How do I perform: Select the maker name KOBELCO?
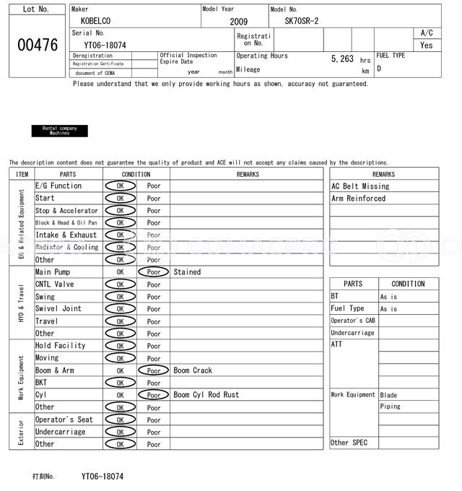pyautogui.click(x=96, y=22)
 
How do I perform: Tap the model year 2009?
pyautogui.click(x=238, y=22)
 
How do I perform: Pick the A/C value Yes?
pyautogui.click(x=427, y=45)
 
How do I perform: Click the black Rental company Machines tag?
pyautogui.click(x=60, y=131)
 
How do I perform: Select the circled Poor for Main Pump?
pyautogui.click(x=153, y=272)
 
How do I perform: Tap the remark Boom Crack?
pyautogui.click(x=193, y=370)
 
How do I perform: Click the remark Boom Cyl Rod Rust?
pyautogui.click(x=206, y=395)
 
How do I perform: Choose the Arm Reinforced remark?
pyautogui.click(x=358, y=199)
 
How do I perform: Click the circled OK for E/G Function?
pyautogui.click(x=120, y=186)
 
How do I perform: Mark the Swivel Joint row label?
pyautogui.click(x=58, y=309)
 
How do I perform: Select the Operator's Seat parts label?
pyautogui.click(x=64, y=420)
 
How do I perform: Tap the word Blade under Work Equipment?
pyautogui.click(x=388, y=395)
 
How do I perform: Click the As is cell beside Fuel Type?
pyautogui.click(x=388, y=309)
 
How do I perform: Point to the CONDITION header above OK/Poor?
pyautogui.click(x=136, y=174)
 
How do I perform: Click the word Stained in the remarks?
pyautogui.click(x=187, y=272)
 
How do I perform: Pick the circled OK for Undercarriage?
pyautogui.click(x=120, y=432)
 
